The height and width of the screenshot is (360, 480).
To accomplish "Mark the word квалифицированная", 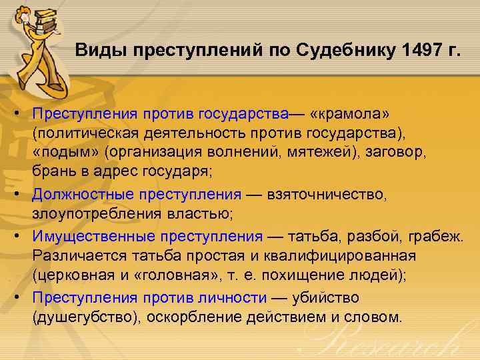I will [350, 255].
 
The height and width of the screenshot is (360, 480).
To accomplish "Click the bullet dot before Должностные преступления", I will [23, 195].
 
